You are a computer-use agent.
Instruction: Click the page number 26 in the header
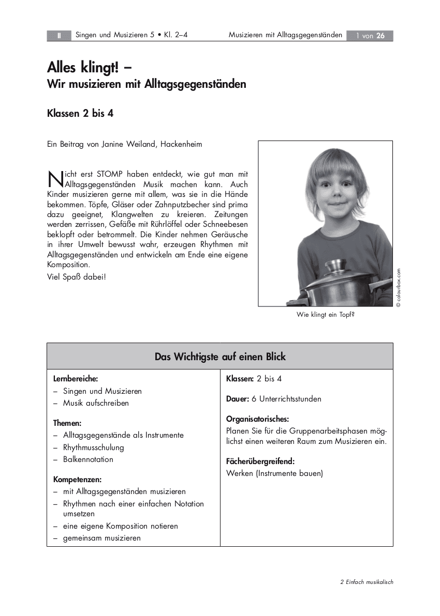pyautogui.click(x=380, y=36)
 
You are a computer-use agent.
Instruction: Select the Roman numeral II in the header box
pyautogui.click(x=60, y=36)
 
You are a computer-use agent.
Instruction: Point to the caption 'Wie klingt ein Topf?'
pyautogui.click(x=325, y=314)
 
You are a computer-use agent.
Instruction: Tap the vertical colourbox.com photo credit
pyautogui.click(x=399, y=287)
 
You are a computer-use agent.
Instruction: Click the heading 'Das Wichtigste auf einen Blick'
pyautogui.click(x=220, y=357)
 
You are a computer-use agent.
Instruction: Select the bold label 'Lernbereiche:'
pyautogui.click(x=76, y=379)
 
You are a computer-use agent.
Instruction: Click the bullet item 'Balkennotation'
pyautogui.click(x=88, y=459)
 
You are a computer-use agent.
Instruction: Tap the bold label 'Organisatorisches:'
pyautogui.click(x=257, y=419)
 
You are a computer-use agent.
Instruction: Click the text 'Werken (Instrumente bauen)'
pyautogui.click(x=274, y=473)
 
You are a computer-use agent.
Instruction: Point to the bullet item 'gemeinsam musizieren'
pyautogui.click(x=102, y=538)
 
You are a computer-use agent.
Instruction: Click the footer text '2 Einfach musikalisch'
pyautogui.click(x=366, y=582)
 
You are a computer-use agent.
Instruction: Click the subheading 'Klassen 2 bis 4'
pyautogui.click(x=80, y=114)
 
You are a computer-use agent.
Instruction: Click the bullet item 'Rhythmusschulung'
pyautogui.click(x=94, y=447)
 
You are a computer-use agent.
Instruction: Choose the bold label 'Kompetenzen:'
pyautogui.click(x=78, y=479)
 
